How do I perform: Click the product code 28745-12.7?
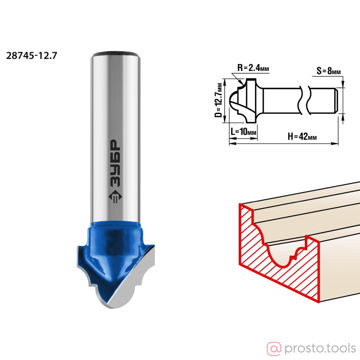coord(31,55)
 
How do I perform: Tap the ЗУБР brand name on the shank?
coord(116,162)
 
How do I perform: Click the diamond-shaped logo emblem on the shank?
coord(116,196)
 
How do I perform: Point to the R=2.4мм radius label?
coord(253,69)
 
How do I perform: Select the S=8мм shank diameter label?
coord(328,71)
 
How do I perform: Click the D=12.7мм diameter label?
coord(219,100)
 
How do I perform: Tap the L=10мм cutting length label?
coord(244,131)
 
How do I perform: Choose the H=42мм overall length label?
coord(302,136)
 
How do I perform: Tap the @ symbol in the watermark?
coord(274,349)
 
